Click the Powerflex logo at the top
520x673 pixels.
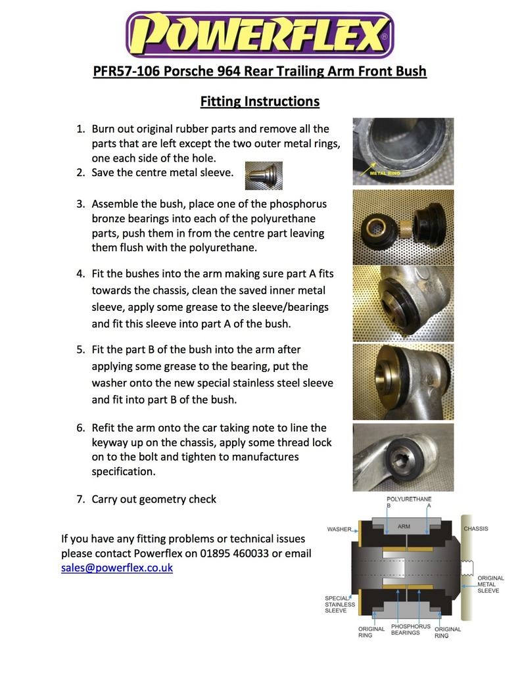tap(260, 35)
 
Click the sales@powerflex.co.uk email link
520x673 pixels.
tap(116, 567)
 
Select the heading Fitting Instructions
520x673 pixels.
tap(260, 101)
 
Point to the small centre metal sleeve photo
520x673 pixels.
tap(264, 175)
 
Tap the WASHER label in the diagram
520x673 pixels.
tap(339, 529)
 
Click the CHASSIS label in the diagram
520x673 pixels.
tap(475, 528)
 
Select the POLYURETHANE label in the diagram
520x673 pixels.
tap(408, 500)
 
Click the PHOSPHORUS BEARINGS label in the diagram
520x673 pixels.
tap(410, 630)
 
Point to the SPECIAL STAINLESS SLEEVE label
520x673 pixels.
tap(339, 604)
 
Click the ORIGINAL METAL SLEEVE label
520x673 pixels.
tap(490, 584)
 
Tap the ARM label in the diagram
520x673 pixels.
tap(404, 526)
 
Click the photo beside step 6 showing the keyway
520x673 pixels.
tap(402, 456)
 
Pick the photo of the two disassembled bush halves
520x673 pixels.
tap(402, 227)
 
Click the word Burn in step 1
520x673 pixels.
tap(105, 129)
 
